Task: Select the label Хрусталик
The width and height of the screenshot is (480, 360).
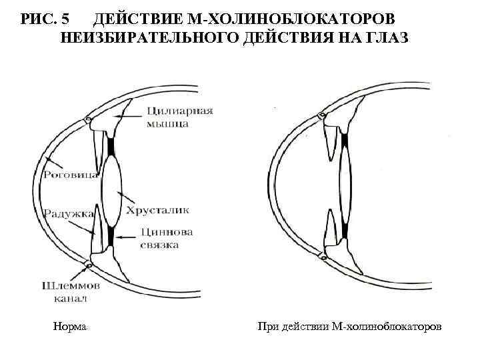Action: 162,209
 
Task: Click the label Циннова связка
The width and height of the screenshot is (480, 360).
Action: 167,239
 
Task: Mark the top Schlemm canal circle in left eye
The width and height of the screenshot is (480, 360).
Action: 87,121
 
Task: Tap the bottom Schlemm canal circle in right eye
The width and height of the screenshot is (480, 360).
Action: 323,256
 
